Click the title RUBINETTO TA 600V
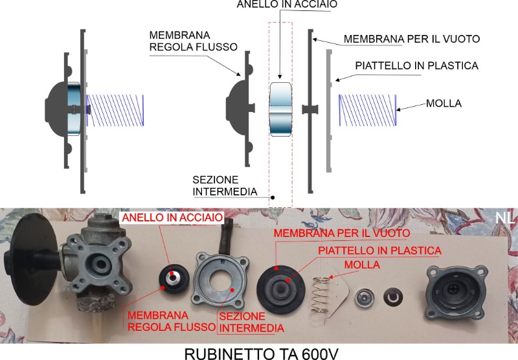pos(261,354)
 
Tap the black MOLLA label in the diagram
pos(444,104)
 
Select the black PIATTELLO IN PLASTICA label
pos(416,66)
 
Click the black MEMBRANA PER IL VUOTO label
pos(412,39)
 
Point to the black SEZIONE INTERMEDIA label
pos(225,186)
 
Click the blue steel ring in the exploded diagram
pos(280,109)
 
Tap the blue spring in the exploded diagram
pos(367,110)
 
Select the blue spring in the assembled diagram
pos(115,111)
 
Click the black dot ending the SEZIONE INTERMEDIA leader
pos(273,198)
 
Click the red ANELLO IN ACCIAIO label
pos(172,218)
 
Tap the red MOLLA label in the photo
pos(362,265)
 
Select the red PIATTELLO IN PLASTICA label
pos(379,251)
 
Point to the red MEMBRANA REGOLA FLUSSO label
pos(171,321)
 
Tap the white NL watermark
pos(504,218)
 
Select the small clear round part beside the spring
pos(365,298)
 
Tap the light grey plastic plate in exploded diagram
pos(329,111)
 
